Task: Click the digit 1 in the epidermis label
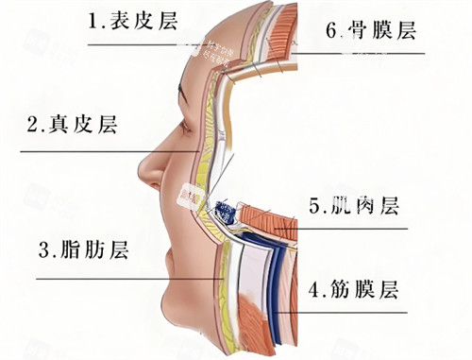92,21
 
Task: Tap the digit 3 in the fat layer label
43,251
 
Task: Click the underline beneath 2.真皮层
94,151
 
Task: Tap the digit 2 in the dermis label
32,125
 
